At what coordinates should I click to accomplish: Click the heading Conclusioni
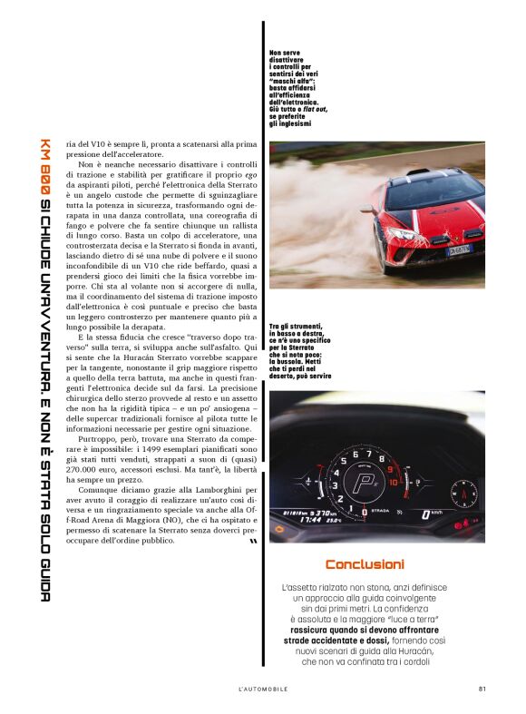(x=365, y=564)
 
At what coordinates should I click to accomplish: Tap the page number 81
(x=482, y=689)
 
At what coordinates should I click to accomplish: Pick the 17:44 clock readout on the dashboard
(x=294, y=520)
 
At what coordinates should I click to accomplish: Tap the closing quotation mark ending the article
(x=252, y=543)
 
